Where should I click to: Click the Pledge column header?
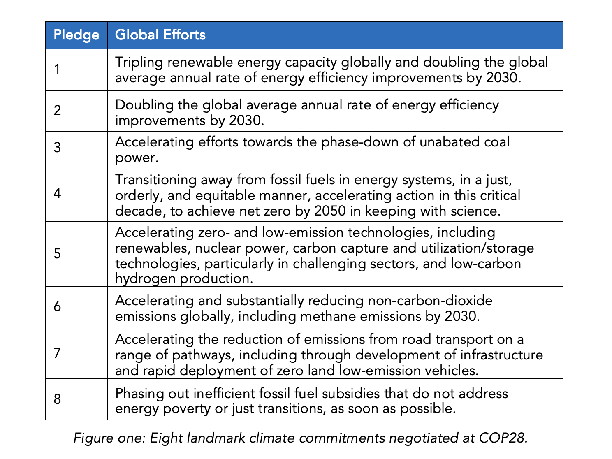point(76,35)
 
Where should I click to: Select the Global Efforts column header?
point(160,35)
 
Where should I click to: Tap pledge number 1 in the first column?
point(57,70)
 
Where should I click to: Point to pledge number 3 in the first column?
point(57,147)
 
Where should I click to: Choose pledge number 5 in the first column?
point(57,253)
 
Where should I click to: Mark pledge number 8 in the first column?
point(57,399)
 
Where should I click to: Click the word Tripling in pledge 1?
point(138,62)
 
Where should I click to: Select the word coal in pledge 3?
point(495,142)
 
